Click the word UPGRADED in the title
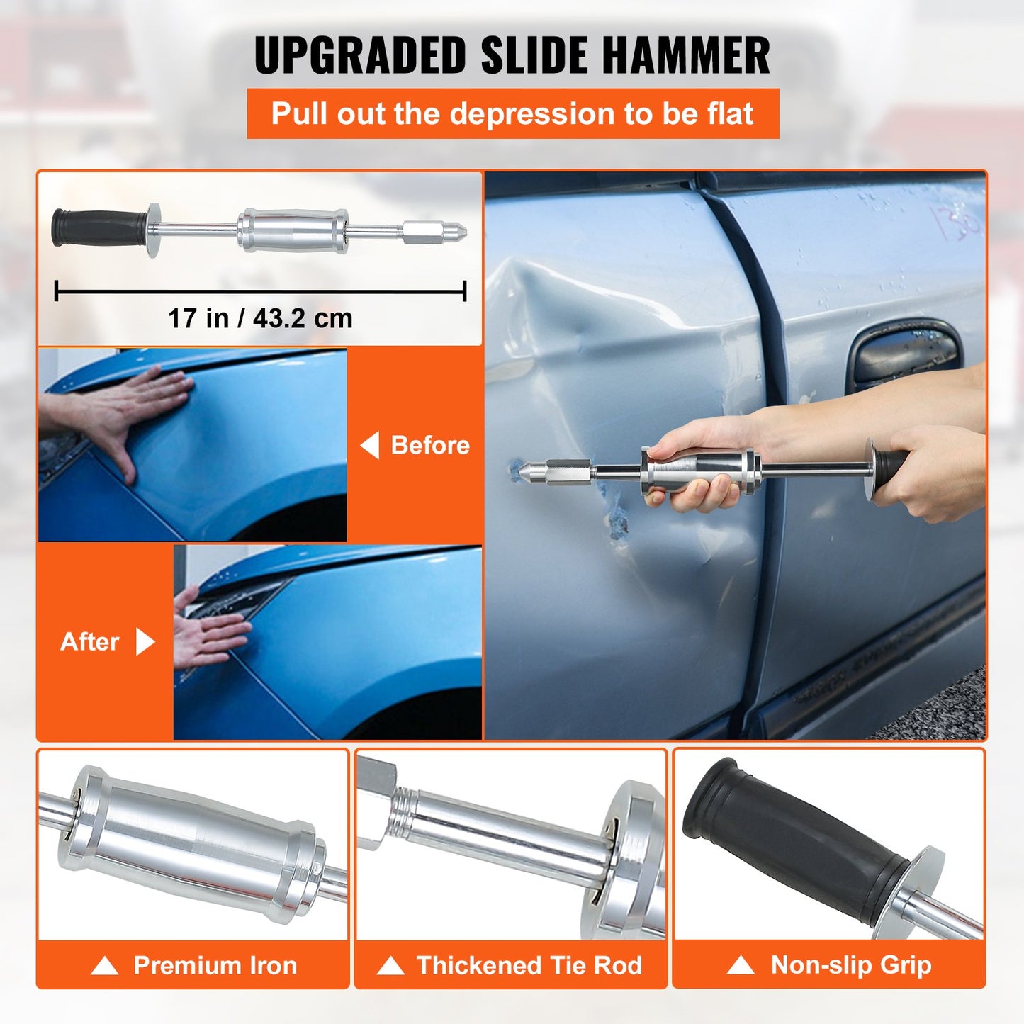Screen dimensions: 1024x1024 [x=359, y=55]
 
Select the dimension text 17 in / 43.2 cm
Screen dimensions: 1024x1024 [x=260, y=318]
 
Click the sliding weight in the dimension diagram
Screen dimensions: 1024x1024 [x=292, y=230]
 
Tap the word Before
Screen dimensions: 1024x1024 [x=430, y=445]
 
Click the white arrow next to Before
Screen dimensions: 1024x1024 [x=370, y=445]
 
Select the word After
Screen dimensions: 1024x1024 [x=90, y=641]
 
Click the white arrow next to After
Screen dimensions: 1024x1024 [x=145, y=641]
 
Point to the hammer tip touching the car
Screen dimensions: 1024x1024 [x=525, y=469]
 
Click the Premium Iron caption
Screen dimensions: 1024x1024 [x=215, y=965]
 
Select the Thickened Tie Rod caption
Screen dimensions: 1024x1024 [x=529, y=965]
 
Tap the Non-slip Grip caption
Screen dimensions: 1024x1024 [x=850, y=965]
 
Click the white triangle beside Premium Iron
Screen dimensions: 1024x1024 [x=105, y=966]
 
